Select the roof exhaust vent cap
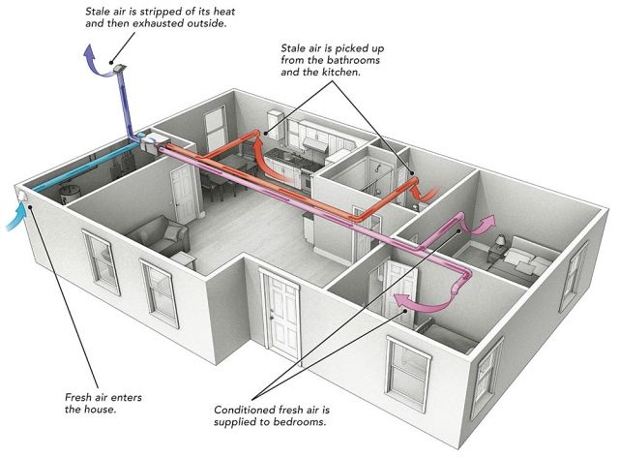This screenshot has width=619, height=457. point(119,69)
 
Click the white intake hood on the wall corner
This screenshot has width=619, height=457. point(22,195)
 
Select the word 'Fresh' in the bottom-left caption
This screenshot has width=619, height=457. point(76,397)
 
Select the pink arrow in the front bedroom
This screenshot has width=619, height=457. point(422,303)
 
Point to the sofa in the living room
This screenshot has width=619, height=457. point(159,235)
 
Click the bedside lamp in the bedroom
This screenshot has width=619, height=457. point(501,241)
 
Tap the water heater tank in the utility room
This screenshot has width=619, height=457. point(70,193)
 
